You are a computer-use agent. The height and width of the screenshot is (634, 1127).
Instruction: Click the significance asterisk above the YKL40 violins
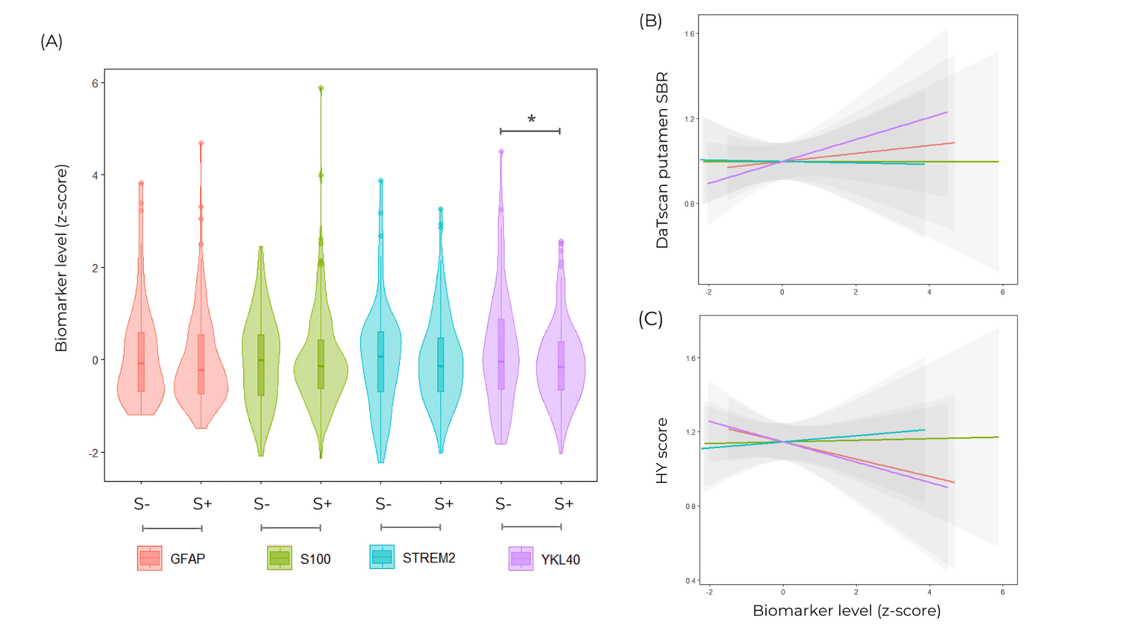click(x=531, y=119)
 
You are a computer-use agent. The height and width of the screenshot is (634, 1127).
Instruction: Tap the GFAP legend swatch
click(x=150, y=558)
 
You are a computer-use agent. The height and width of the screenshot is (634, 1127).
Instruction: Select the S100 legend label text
click(x=315, y=559)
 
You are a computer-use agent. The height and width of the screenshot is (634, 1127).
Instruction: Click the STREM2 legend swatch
click(x=382, y=557)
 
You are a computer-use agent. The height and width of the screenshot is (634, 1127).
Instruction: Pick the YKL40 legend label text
click(x=560, y=560)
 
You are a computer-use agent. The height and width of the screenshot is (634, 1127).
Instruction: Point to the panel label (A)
click(x=52, y=42)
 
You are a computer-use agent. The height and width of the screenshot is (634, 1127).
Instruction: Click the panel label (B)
click(x=650, y=21)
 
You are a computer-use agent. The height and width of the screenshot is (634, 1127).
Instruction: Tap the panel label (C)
click(x=650, y=319)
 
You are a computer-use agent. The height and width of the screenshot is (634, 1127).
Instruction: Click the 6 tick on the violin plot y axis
click(x=95, y=83)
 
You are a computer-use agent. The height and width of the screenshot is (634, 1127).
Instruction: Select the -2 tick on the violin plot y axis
click(x=93, y=453)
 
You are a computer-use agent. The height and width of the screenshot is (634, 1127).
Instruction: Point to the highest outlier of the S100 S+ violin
click(x=321, y=88)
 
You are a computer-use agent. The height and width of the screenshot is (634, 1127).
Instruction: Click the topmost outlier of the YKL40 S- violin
click(x=501, y=151)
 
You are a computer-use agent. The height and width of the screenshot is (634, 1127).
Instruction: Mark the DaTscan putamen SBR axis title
click(x=662, y=160)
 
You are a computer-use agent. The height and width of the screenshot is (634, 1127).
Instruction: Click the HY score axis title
click(x=662, y=451)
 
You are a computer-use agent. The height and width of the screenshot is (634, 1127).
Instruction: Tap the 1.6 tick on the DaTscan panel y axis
click(x=689, y=34)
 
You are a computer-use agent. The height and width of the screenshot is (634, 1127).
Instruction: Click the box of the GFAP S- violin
click(x=141, y=362)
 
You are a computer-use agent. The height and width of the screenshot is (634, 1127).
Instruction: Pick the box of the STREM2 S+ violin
click(x=441, y=365)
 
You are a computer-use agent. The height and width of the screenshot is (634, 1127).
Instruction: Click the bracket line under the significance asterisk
click(x=530, y=131)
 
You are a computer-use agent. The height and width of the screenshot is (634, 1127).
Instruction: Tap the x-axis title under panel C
click(x=846, y=611)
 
